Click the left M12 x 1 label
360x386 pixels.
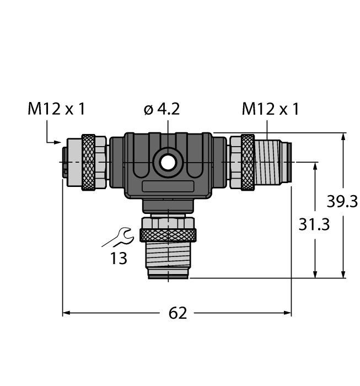click(x=57, y=109)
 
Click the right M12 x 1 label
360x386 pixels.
click(x=270, y=109)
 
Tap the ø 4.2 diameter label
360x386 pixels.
click(x=162, y=109)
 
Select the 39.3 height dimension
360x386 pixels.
click(x=342, y=202)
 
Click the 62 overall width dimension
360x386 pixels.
click(x=177, y=313)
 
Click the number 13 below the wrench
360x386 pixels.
click(x=118, y=258)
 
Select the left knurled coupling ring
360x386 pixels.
click(x=88, y=162)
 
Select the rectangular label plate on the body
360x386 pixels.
click(x=168, y=187)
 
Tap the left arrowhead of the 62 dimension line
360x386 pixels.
click(x=66, y=313)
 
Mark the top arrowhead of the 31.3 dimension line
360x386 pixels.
click(x=315, y=165)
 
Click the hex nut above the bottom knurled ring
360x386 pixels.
click(x=168, y=222)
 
